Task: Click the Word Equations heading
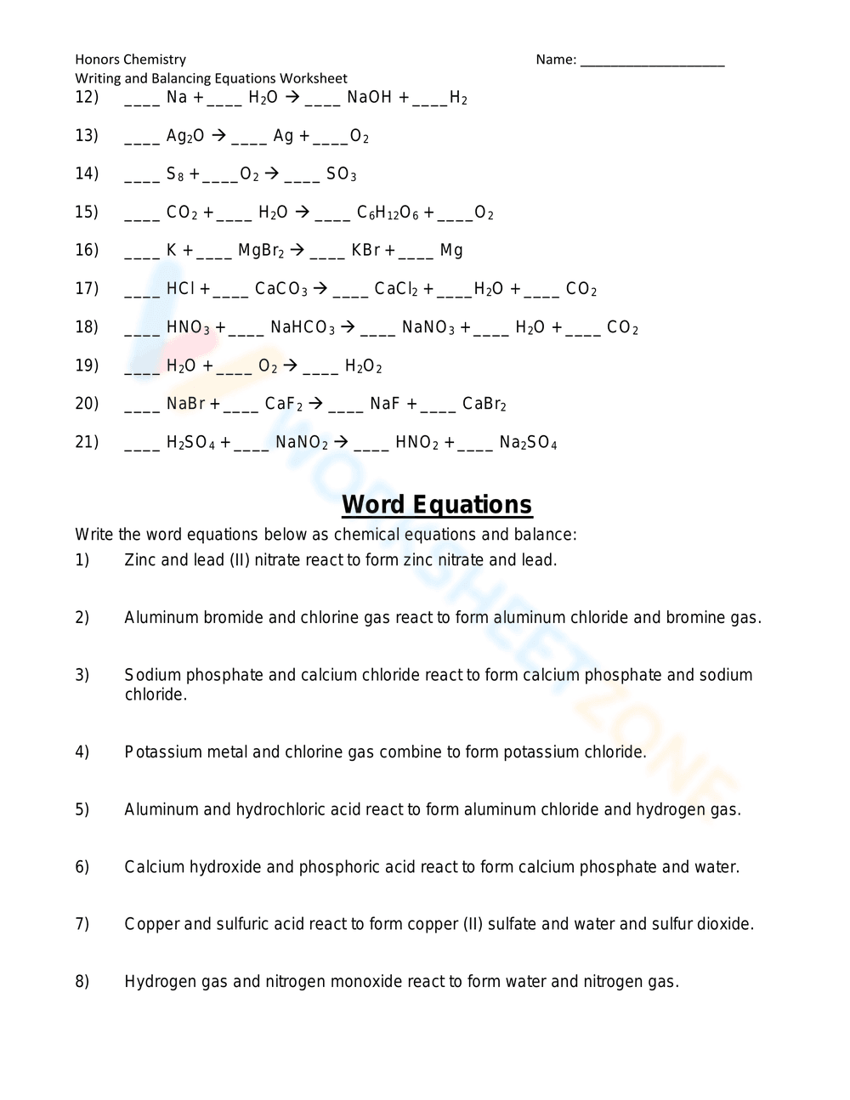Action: pyautogui.click(x=437, y=505)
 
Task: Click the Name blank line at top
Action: pyautogui.click(x=652, y=61)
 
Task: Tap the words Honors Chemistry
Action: pyautogui.click(x=130, y=60)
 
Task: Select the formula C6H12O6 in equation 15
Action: pyautogui.click(x=388, y=213)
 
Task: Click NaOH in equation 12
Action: pyautogui.click(x=369, y=98)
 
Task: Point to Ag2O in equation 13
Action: pyautogui.click(x=184, y=136)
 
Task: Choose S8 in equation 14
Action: pyautogui.click(x=175, y=174)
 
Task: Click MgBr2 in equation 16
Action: pyautogui.click(x=261, y=251)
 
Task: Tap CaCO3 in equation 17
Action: pyautogui.click(x=281, y=289)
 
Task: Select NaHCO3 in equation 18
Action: pyautogui.click(x=303, y=327)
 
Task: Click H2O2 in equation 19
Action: pyautogui.click(x=363, y=366)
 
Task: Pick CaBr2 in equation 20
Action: pyautogui.click(x=484, y=404)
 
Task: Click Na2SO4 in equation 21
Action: pyautogui.click(x=528, y=443)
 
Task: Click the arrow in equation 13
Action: pyautogui.click(x=218, y=135)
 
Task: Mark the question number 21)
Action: pyautogui.click(x=87, y=442)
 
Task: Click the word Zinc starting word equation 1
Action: pyautogui.click(x=139, y=560)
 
